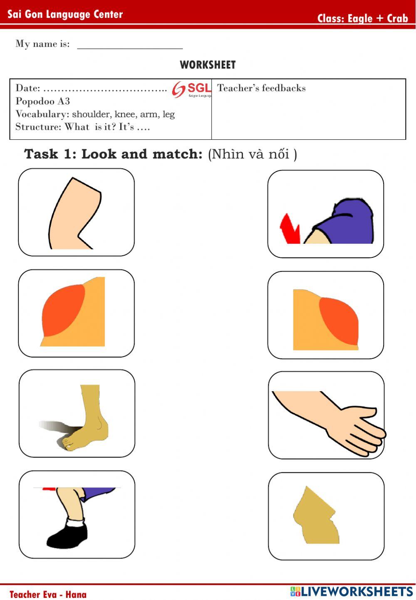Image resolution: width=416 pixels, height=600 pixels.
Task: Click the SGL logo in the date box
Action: click(191, 89)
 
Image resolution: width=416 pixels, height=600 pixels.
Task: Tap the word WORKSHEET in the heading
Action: click(208, 65)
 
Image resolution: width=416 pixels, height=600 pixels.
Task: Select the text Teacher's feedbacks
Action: click(261, 88)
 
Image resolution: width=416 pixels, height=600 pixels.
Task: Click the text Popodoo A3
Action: click(42, 101)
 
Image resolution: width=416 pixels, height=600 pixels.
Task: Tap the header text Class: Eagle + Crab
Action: click(362, 18)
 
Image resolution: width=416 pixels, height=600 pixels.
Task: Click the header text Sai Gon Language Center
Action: click(65, 15)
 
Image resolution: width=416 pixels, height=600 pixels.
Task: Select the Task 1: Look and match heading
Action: click(113, 154)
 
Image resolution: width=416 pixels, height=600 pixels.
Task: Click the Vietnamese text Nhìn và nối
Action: click(252, 154)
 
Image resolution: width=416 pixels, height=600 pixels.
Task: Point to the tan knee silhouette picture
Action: click(315, 516)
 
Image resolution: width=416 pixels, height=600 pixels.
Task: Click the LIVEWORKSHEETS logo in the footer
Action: click(352, 591)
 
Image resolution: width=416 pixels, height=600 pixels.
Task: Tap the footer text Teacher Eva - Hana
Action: click(48, 594)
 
